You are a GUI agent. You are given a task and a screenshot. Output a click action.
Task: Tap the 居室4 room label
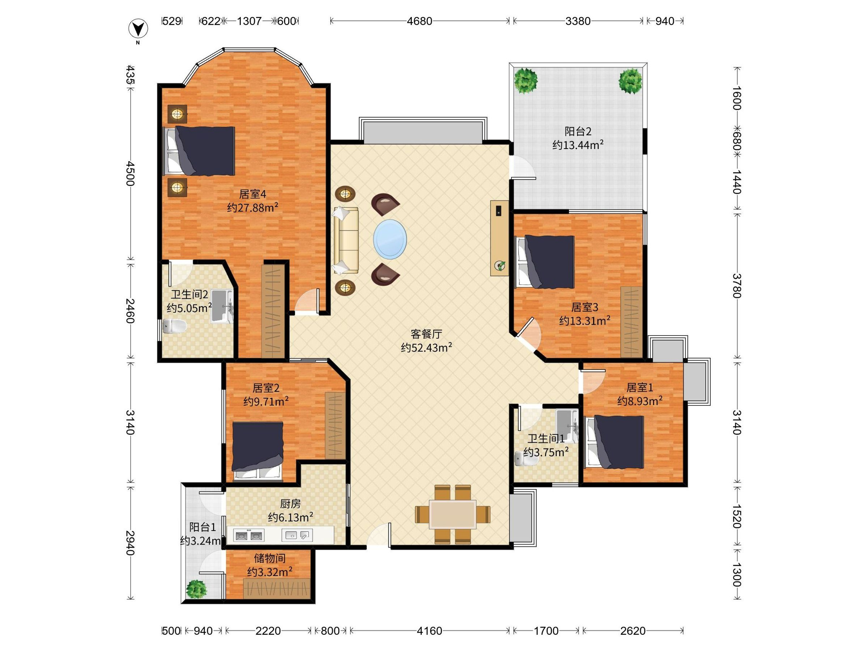pyautogui.click(x=253, y=194)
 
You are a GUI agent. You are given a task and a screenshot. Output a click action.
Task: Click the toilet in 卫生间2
pyautogui.click(x=174, y=326)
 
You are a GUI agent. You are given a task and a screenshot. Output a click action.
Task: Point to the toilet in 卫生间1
pyautogui.click(x=526, y=458)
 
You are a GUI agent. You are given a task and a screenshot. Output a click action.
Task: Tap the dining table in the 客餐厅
pyautogui.click(x=452, y=514)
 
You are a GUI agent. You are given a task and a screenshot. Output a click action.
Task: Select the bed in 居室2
pyautogui.click(x=258, y=451)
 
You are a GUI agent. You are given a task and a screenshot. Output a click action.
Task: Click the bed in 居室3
pyautogui.click(x=545, y=262)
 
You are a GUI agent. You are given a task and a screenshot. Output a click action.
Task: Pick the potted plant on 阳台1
pyautogui.click(x=196, y=589)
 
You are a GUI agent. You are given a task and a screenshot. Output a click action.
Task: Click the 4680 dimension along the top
pyautogui.click(x=419, y=21)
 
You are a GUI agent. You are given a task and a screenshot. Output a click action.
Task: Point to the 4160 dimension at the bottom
pyautogui.click(x=429, y=631)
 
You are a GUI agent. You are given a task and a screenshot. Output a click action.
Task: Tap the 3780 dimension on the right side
pyautogui.click(x=737, y=286)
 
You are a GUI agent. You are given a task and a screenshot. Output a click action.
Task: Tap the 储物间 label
pyautogui.click(x=269, y=558)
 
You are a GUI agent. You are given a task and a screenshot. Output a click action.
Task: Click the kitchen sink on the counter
pyautogui.click(x=297, y=535)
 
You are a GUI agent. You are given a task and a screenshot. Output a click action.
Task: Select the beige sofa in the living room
pyautogui.click(x=346, y=240)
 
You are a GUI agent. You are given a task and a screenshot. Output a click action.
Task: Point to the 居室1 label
pyautogui.click(x=640, y=388)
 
